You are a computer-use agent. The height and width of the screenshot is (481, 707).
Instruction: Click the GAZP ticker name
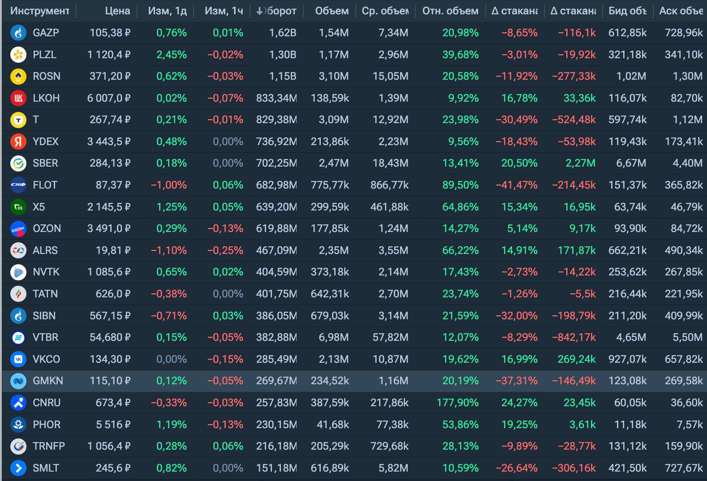pos(46,33)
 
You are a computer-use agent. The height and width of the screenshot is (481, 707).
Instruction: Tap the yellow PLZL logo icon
pos(18,55)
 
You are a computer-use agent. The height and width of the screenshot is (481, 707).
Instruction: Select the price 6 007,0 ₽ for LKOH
pos(108,98)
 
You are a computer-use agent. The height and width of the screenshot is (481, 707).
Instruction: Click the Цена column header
pos(117,11)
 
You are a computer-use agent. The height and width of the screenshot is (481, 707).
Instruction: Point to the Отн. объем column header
pos(450,11)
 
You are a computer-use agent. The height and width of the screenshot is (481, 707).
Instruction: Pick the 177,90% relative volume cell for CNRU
pos(457,403)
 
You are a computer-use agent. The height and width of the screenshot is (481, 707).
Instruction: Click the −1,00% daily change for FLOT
pos(169,185)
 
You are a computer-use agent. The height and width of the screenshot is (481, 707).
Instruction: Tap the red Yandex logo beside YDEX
pos(18,142)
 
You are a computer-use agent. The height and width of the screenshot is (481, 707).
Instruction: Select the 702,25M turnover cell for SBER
pos(276,163)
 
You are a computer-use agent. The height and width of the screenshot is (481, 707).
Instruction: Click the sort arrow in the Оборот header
pos(259,11)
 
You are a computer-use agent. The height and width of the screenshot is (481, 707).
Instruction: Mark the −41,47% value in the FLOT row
pos(517,185)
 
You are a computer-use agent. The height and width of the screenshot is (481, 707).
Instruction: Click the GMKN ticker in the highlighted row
pos(48,381)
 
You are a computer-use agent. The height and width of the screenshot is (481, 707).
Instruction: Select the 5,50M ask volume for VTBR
pos(688,338)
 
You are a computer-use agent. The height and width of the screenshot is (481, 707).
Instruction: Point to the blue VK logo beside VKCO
pos(18,359)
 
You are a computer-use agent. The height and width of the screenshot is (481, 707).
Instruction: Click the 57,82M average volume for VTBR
pos(390,338)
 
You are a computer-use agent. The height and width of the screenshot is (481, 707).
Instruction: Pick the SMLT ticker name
pos(46,468)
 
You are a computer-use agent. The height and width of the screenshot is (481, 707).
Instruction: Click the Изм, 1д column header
pos(167,11)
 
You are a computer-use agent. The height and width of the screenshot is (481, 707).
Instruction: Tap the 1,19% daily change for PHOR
pos(172,425)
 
